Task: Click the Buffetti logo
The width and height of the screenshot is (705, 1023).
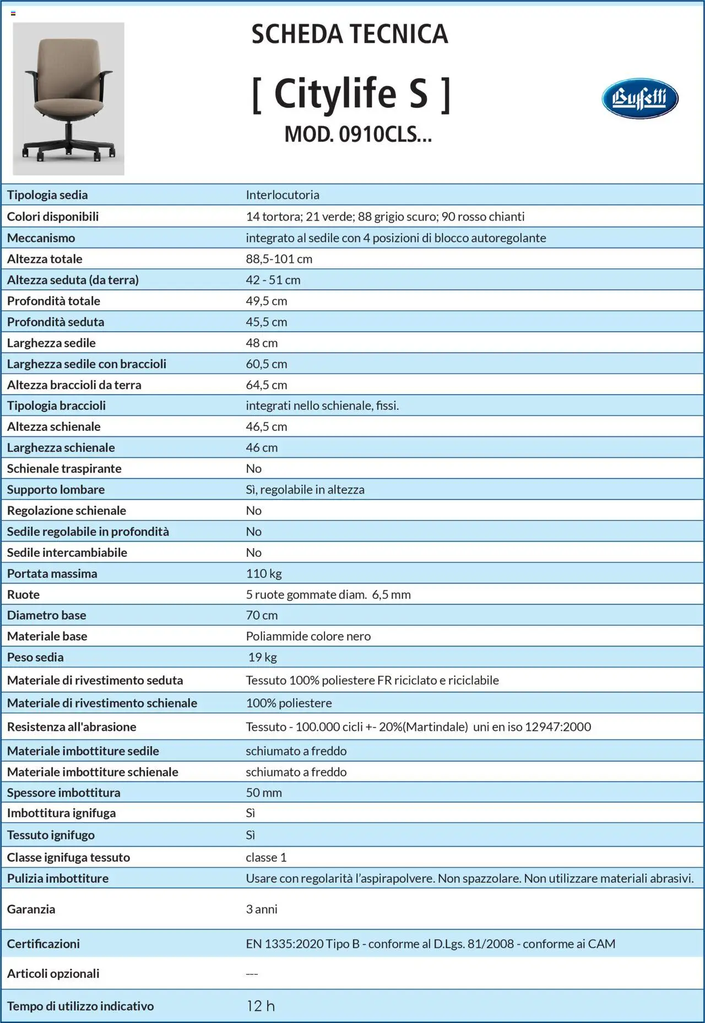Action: point(639,99)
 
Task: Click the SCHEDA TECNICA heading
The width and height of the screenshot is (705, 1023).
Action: point(350,34)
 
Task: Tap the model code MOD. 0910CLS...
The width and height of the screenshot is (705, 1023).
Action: point(357,134)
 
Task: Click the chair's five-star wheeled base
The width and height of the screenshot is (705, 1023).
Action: point(68,149)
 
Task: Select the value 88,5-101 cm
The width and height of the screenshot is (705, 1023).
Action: point(279,259)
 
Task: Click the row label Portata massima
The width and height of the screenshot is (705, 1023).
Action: point(52,573)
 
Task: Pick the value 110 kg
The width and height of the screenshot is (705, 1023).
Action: point(263,573)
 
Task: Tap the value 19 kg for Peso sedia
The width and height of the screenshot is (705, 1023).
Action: point(262,657)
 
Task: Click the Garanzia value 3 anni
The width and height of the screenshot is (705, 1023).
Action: point(261,909)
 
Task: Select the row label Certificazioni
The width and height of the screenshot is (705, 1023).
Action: point(43,944)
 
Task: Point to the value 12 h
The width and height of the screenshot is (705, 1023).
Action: point(260,1006)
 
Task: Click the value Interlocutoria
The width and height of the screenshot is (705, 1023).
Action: point(282,195)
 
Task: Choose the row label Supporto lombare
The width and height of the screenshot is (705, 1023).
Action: point(56,489)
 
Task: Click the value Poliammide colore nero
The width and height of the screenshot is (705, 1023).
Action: point(308,636)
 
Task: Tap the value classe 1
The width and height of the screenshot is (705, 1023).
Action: point(266,857)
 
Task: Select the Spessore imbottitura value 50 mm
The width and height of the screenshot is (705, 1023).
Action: point(263,792)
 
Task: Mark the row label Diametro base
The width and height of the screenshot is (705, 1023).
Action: point(46,615)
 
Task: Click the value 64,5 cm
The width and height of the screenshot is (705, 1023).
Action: point(266,385)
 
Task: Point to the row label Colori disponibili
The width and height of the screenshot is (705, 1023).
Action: point(52,216)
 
